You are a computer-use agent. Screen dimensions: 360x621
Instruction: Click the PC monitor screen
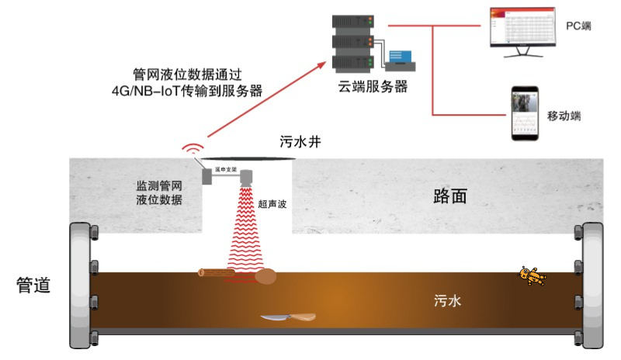pos(522,29)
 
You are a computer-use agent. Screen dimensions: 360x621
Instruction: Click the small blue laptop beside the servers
pos(401,59)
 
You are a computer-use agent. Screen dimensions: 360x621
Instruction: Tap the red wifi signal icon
pos(190,147)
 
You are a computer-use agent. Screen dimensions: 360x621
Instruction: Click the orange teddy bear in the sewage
pos(533,275)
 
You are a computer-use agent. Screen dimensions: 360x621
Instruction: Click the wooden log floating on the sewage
pos(217,273)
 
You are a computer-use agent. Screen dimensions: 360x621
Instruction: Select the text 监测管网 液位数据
pos(159,192)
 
